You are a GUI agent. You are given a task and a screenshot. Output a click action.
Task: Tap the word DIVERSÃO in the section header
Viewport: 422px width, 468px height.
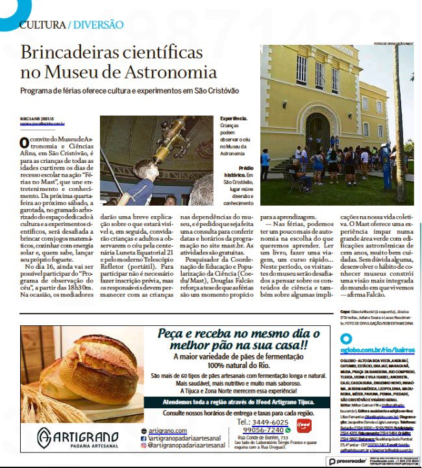click(x=98, y=25)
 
